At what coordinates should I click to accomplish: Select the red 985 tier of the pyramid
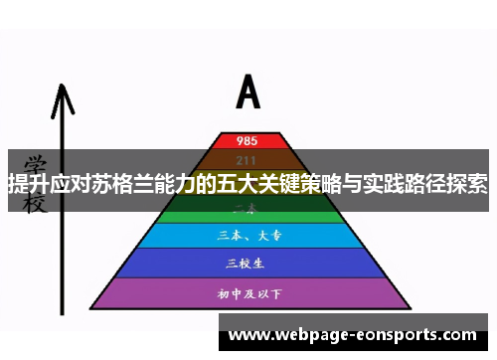pyautogui.click(x=248, y=140)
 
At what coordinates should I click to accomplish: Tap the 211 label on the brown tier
pyautogui.click(x=248, y=159)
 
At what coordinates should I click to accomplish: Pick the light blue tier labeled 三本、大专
pyautogui.click(x=248, y=236)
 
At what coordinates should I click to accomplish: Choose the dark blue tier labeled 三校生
pyautogui.click(x=248, y=263)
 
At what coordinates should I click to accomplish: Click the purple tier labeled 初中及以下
pyautogui.click(x=248, y=293)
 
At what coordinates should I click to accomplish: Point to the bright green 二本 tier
pyautogui.click(x=248, y=212)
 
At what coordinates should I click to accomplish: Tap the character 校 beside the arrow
pyautogui.click(x=35, y=203)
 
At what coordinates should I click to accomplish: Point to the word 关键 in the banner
pyautogui.click(x=281, y=184)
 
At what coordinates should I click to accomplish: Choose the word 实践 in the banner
pyautogui.click(x=391, y=184)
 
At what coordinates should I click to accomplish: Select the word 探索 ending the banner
pyautogui.click(x=475, y=184)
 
